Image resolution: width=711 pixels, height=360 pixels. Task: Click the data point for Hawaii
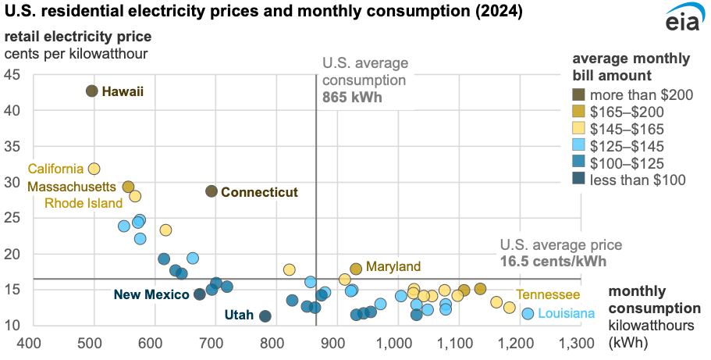click(91, 91)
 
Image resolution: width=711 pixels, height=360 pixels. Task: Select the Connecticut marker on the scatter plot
click(212, 191)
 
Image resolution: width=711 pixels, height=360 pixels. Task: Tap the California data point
click(94, 169)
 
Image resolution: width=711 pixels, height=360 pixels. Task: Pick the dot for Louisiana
click(528, 313)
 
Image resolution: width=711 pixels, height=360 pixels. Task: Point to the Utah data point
click(265, 316)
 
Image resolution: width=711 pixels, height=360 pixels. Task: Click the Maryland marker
click(356, 269)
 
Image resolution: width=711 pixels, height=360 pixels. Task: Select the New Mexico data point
click(200, 294)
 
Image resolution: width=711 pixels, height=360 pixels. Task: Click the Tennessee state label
click(548, 294)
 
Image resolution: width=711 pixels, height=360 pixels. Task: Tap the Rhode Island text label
click(84, 203)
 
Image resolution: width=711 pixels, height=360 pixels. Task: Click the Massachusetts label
click(74, 187)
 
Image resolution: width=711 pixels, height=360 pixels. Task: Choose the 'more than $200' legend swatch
click(579, 94)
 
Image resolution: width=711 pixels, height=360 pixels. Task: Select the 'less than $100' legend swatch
click(579, 180)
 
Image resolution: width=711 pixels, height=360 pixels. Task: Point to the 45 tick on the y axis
click(14, 75)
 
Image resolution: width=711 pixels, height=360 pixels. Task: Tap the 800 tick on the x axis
click(274, 341)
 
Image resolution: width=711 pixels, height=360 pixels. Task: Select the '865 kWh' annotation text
click(349, 99)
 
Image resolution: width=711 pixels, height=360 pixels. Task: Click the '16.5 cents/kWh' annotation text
click(553, 262)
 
